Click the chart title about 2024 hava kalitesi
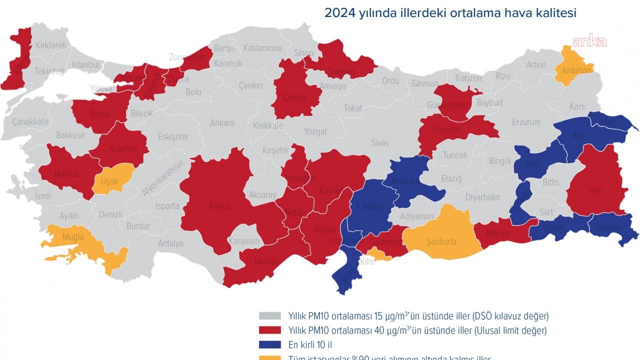click(x=450, y=13)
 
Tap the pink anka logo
click(x=589, y=42)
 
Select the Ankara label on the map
click(x=222, y=123)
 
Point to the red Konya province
click(x=220, y=205)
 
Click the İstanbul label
click(x=85, y=64)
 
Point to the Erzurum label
click(x=526, y=122)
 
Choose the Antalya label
click(x=170, y=244)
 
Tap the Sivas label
click(x=380, y=143)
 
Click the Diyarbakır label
click(x=482, y=197)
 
